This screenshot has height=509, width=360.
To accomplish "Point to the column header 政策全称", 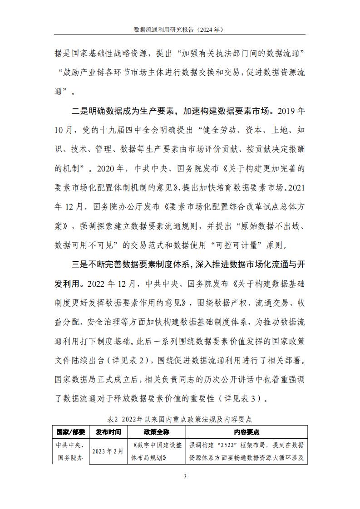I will pyautogui.click(x=157, y=432).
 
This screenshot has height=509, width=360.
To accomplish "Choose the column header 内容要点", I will pyautogui.click(x=247, y=432).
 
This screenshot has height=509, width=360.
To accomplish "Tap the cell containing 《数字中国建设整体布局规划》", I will pyautogui.click(x=157, y=451).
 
